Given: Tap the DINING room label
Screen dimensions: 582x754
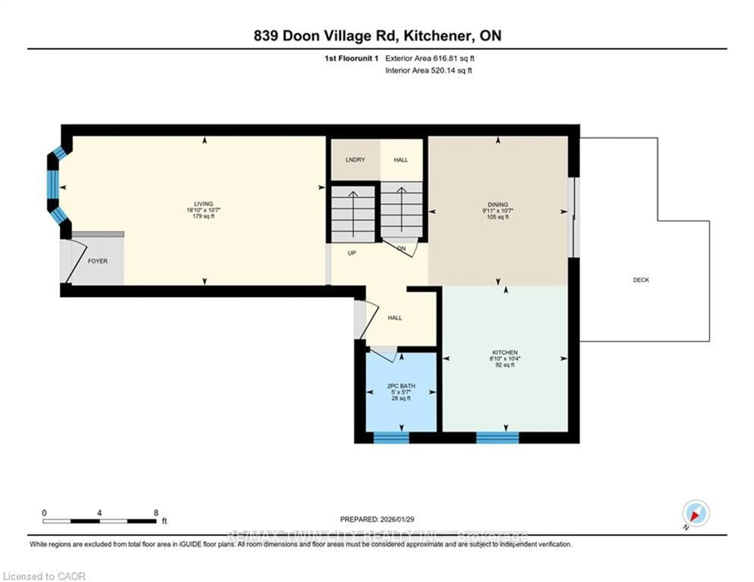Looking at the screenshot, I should point(498,205).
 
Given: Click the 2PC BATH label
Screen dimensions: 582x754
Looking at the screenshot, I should point(401,386).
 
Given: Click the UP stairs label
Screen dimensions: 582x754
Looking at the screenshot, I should point(351,253).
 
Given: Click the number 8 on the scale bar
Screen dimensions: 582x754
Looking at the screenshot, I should point(156,513).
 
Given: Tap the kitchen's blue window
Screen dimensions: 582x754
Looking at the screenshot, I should point(498,438).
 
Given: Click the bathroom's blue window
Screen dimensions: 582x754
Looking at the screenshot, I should point(391,438).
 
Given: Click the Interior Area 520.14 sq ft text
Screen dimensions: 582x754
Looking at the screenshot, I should point(428,71).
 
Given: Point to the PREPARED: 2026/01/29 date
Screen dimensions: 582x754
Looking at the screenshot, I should point(377,519).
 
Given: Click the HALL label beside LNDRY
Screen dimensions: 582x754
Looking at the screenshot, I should point(401,160).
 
